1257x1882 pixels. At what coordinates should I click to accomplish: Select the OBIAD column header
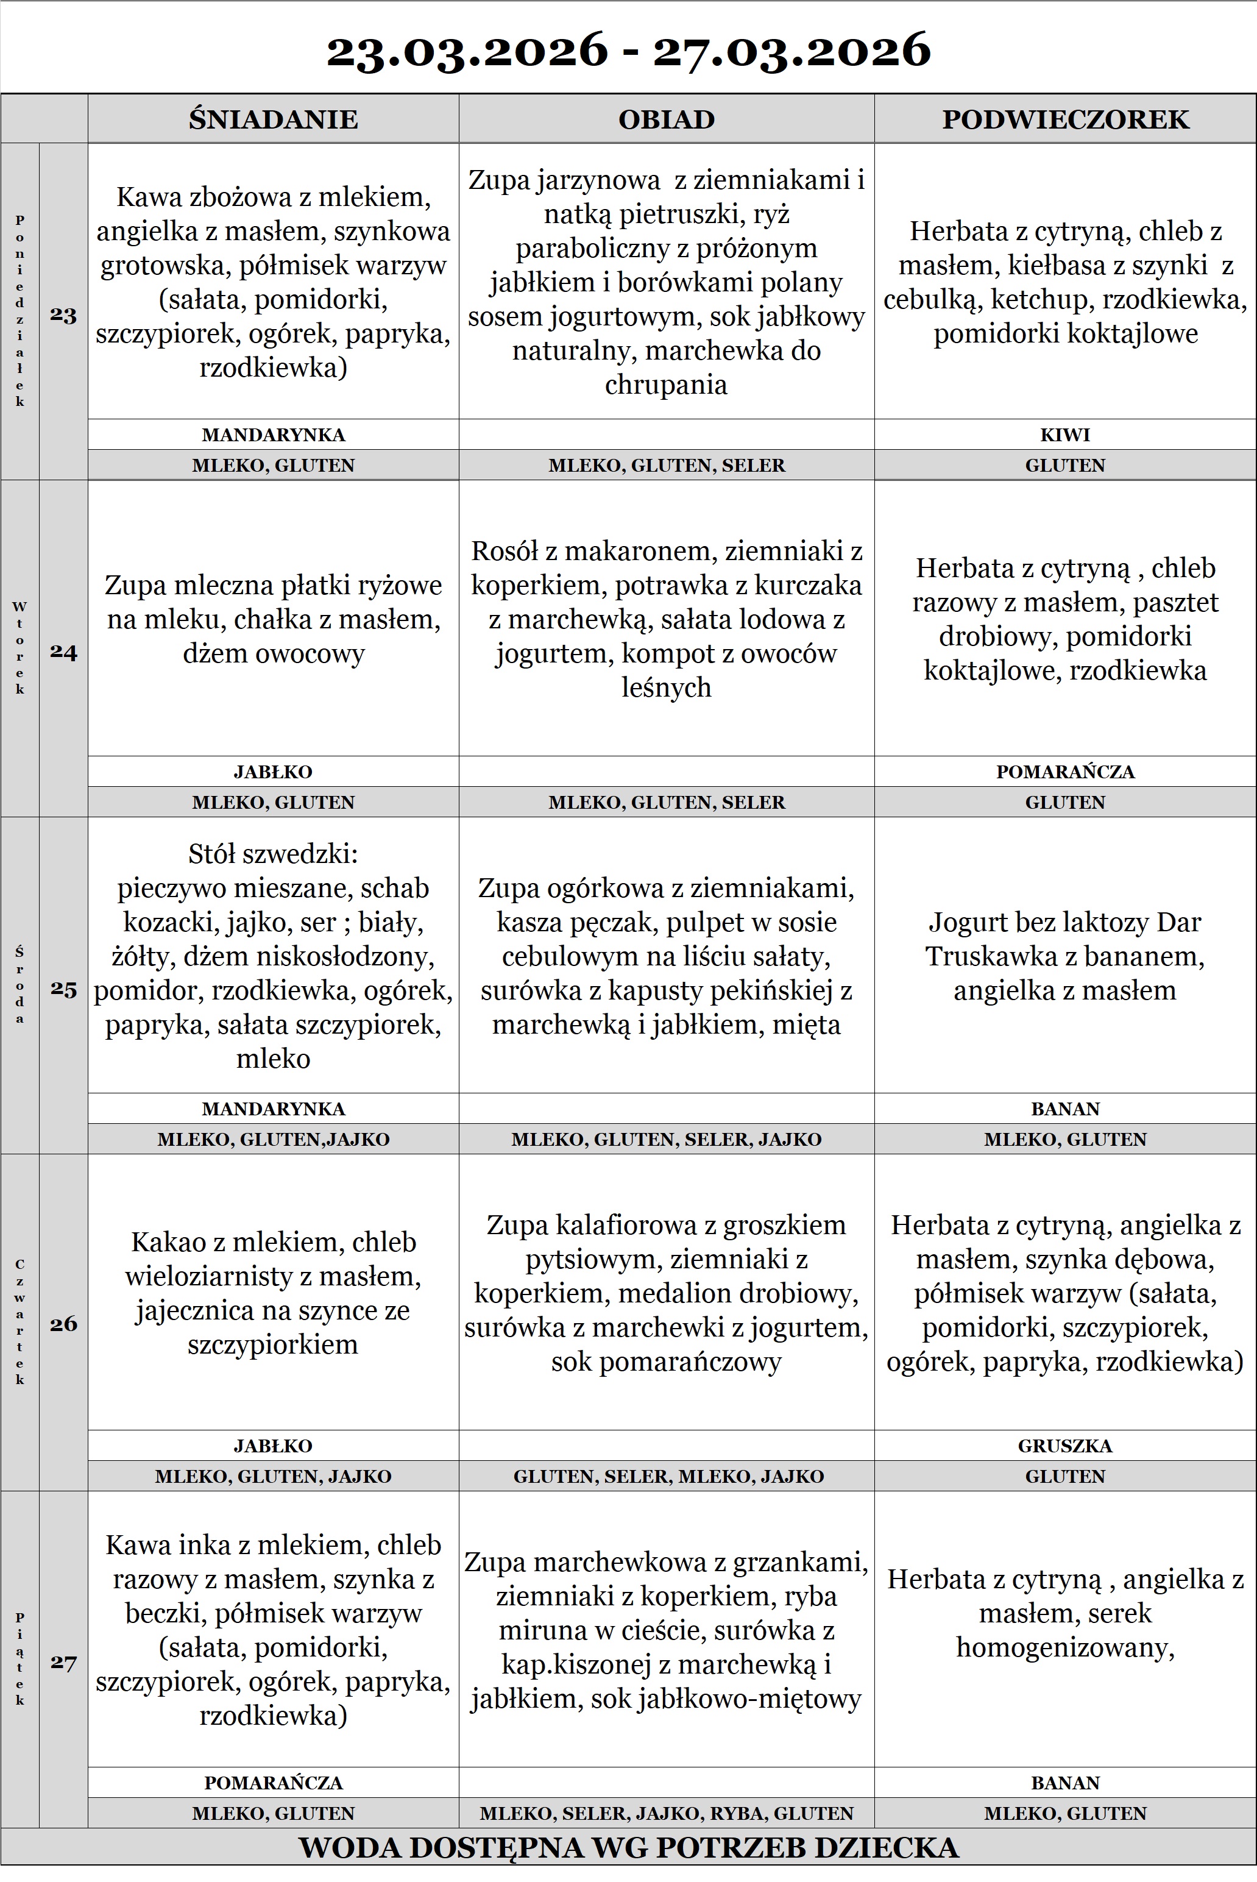point(666,119)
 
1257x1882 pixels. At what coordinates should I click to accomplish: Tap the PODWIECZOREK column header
point(1064,119)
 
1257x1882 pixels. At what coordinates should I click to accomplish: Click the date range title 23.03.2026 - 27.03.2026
point(629,50)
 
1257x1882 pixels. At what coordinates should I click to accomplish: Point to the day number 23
point(63,314)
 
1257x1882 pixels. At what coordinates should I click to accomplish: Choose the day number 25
point(63,989)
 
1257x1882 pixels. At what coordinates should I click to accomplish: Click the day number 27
point(63,1662)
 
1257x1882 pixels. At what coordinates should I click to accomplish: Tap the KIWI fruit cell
point(1064,435)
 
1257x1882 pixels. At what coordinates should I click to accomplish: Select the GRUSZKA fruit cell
point(1064,1446)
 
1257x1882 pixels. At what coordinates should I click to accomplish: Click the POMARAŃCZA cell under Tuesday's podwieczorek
point(1064,772)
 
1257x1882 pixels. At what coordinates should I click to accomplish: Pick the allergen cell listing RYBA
point(666,1813)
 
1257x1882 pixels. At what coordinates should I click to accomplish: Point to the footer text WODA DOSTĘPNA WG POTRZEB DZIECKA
point(629,1847)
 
